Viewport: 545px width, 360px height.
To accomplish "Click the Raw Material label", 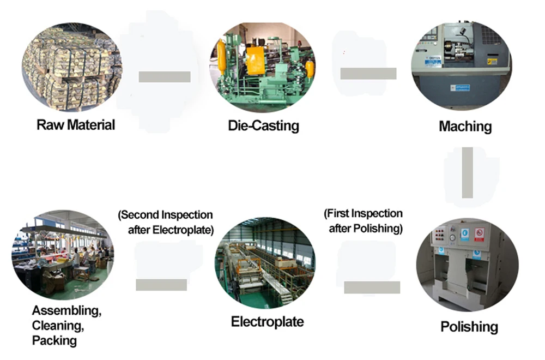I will click(x=76, y=125).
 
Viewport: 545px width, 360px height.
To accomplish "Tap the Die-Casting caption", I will click(x=263, y=125).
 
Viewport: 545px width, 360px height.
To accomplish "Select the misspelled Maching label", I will click(x=465, y=127).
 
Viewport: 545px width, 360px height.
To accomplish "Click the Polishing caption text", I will click(x=469, y=327).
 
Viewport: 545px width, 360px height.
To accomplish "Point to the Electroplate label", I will click(x=267, y=321).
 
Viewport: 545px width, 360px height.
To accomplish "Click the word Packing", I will click(x=55, y=341).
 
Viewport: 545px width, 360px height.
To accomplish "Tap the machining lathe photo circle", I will click(x=462, y=67).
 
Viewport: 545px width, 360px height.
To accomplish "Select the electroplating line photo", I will click(x=265, y=265).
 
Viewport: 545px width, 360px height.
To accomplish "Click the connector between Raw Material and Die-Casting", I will click(x=164, y=77).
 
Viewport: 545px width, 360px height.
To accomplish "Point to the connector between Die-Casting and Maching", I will click(x=368, y=74).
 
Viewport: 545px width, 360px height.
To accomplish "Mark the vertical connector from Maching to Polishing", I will click(x=467, y=172).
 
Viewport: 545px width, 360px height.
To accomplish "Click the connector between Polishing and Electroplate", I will click(x=372, y=287).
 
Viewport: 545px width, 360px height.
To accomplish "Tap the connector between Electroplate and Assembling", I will click(x=161, y=285).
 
